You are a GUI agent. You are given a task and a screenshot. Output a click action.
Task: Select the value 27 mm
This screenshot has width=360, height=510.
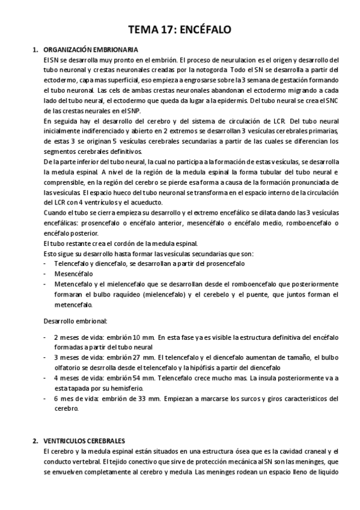click(x=144, y=357)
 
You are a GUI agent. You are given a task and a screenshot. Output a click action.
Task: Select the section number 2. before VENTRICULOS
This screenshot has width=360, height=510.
click(x=36, y=441)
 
